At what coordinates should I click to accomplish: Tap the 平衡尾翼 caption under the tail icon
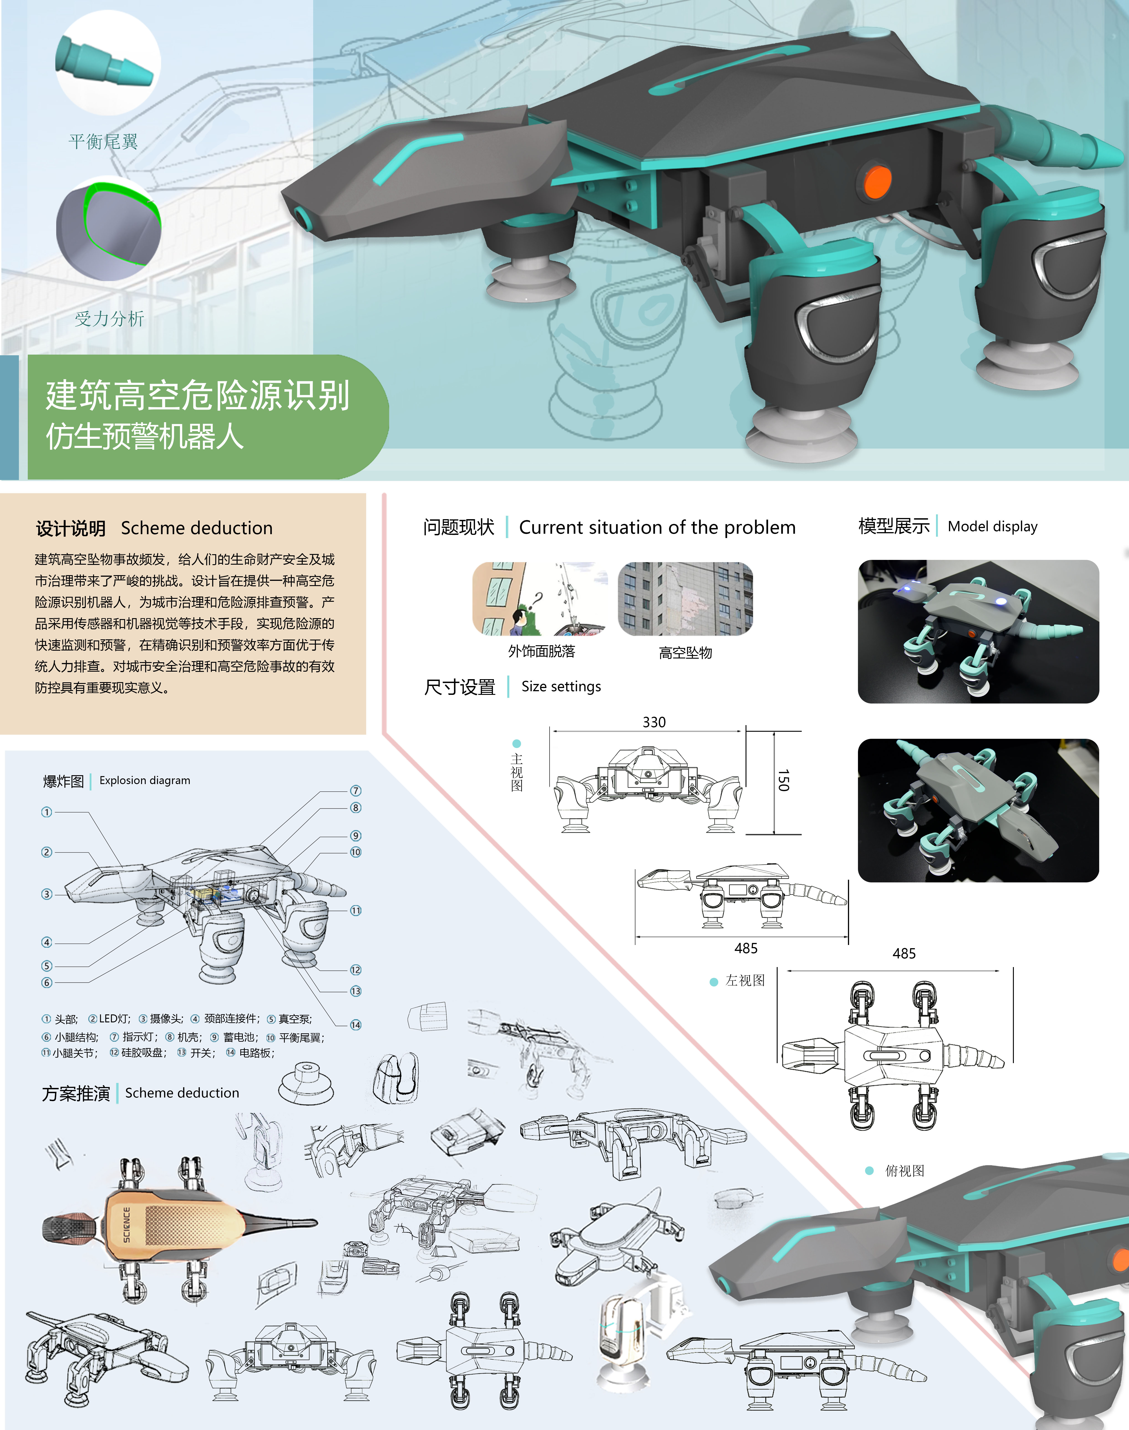[103, 142]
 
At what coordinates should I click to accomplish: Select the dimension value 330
[654, 722]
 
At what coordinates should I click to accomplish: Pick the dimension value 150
[783, 780]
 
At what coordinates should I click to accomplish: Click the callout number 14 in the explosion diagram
[356, 1025]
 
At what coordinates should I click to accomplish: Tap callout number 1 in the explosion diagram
[46, 812]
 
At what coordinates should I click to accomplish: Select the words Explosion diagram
[145, 780]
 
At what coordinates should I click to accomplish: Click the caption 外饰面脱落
[541, 651]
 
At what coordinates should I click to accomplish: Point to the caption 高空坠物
[685, 653]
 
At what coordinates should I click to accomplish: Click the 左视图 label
[745, 980]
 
